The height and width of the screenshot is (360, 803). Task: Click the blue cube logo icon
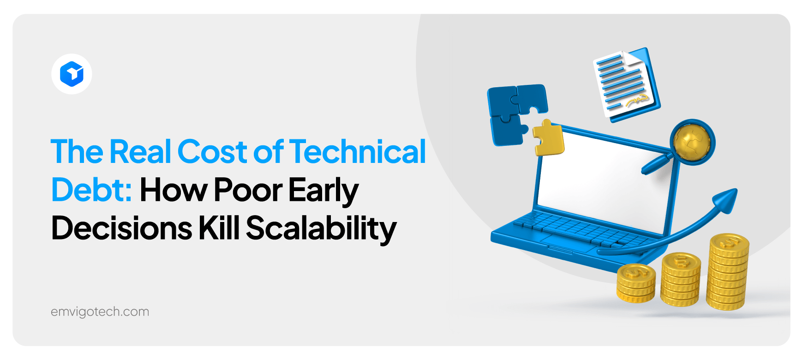click(72, 74)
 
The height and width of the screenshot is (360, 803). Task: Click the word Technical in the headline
click(357, 152)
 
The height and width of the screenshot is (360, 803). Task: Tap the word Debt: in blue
click(91, 190)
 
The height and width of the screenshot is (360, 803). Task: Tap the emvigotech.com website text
click(100, 312)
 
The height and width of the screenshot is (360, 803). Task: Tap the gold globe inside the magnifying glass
click(691, 141)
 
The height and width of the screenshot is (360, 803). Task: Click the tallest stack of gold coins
click(728, 272)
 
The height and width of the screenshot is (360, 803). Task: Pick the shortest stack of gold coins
click(636, 283)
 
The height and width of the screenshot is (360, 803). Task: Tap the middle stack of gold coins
click(680, 280)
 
